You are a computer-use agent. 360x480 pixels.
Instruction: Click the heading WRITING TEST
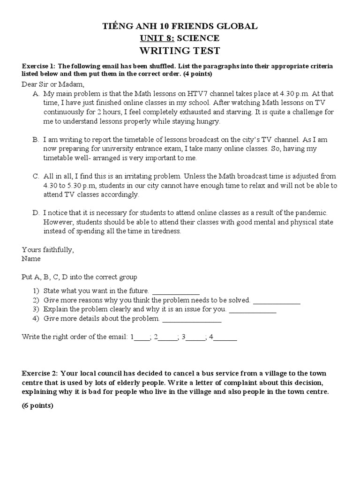pos(180,51)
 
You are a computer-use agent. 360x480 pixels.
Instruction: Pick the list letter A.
pos(36,94)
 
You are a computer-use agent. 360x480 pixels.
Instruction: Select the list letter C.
pos(36,177)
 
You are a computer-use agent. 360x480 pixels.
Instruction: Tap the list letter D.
pos(36,213)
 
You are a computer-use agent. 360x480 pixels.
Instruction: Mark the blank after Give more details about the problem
pos(191,319)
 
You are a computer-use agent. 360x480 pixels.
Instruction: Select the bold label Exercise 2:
pos(39,373)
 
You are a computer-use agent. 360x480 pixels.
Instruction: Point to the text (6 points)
pos(37,406)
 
